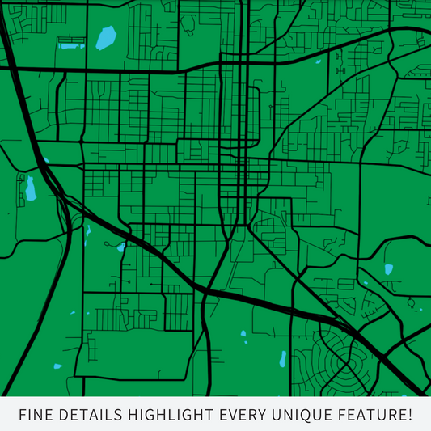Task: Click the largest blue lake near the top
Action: [106, 37]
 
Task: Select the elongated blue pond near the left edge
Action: [31, 188]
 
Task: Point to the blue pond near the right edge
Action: [389, 268]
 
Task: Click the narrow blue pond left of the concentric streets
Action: [283, 357]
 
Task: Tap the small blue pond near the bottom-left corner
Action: [57, 366]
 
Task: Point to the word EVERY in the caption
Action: [246, 415]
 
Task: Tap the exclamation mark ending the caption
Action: [409, 415]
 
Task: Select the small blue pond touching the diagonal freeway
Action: [121, 247]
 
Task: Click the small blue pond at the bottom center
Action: [243, 333]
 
